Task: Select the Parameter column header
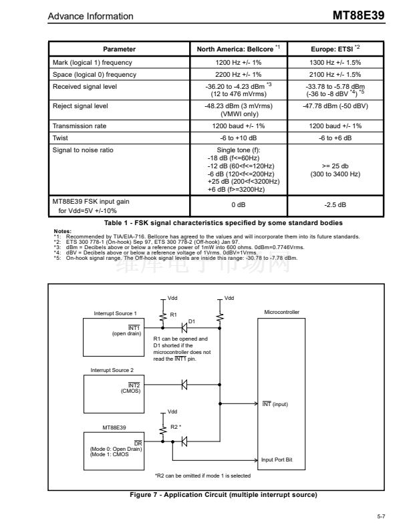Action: point(119,49)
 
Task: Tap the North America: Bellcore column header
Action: point(239,49)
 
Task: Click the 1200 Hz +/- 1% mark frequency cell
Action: point(239,62)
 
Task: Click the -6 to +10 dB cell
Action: point(239,136)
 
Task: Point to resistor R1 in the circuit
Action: point(162,313)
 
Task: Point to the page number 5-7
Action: point(381,517)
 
